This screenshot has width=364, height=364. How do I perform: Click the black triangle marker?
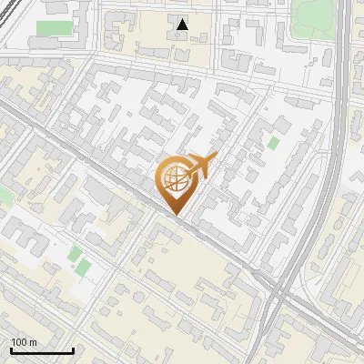coord(183,25)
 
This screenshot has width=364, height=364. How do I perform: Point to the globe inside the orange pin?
coord(175,178)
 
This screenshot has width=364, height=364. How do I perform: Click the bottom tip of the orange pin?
coord(176,216)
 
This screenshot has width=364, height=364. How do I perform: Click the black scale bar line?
coord(41,350)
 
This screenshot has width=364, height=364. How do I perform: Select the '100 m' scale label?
coord(24,341)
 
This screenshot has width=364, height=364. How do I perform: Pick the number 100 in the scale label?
coord(19,341)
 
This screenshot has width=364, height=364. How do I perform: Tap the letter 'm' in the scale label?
coord(33,341)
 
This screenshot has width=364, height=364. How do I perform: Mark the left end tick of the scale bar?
coord(10,349)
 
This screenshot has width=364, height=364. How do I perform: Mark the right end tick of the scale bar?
coord(73,349)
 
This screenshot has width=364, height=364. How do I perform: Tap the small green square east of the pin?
coord(273,142)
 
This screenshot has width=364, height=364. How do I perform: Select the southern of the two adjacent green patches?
coord(83,268)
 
